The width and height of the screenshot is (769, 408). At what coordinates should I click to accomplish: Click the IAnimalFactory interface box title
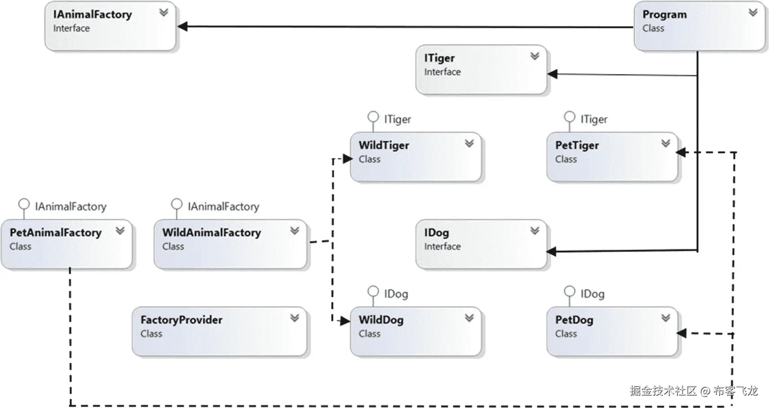[x=92, y=14]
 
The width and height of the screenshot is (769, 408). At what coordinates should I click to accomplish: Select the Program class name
[x=664, y=14]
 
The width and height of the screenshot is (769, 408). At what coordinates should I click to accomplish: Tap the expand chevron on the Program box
[x=753, y=13]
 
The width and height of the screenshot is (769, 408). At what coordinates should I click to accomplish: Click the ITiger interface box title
[x=439, y=58]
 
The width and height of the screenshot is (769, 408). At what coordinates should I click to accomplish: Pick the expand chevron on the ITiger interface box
[x=534, y=56]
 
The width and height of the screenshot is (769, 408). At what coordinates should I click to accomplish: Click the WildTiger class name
[x=383, y=145]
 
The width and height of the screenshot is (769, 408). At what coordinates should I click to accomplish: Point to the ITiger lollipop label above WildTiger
[x=397, y=119]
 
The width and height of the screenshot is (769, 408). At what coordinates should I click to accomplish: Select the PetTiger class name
[x=576, y=145]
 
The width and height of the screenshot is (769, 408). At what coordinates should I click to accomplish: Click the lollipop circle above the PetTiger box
[x=569, y=117]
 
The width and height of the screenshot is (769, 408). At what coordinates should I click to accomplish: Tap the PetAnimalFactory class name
[x=56, y=233]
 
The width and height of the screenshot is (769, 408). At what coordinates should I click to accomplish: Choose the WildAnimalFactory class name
[x=211, y=233]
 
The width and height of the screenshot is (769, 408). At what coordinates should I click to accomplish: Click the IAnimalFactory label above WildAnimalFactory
[x=223, y=206]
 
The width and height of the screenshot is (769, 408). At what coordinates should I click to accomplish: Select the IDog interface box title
[x=436, y=233]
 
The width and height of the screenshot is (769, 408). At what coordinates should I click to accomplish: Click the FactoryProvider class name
[x=181, y=320]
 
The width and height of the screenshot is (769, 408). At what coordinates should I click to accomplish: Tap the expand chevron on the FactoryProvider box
[x=294, y=318]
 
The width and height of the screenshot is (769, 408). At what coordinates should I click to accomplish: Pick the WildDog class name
[x=381, y=320]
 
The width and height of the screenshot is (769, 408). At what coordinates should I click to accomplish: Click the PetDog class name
[x=574, y=320]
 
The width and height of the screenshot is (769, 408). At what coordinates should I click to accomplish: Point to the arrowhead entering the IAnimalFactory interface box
[x=183, y=26]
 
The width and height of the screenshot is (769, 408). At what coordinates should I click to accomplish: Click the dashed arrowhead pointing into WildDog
[x=345, y=321]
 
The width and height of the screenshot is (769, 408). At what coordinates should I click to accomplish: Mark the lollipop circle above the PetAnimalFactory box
[x=24, y=204]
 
